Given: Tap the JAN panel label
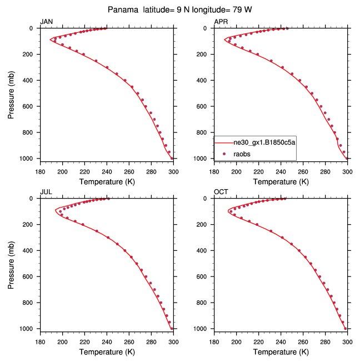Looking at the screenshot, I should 46,22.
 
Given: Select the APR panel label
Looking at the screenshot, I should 221,22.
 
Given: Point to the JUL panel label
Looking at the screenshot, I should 46,192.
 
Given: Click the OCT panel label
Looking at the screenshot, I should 221,192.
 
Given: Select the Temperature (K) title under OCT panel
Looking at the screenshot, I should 281,352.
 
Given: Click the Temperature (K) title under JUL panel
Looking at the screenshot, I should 107,352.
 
